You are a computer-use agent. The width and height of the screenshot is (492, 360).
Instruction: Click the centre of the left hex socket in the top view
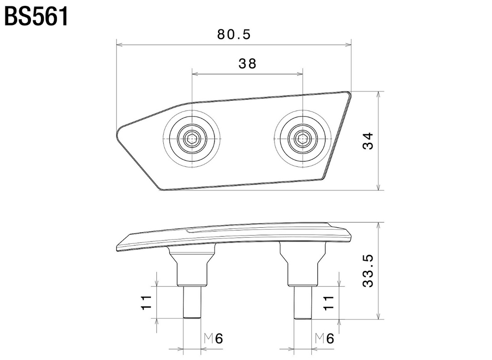(x=192, y=138)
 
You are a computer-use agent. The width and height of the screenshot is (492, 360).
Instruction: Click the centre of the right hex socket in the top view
(x=303, y=138)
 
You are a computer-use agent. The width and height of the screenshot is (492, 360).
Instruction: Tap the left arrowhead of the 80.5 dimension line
(x=117, y=45)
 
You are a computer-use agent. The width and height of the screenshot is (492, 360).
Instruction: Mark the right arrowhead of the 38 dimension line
(x=303, y=74)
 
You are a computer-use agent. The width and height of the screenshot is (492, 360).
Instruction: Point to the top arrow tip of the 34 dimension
(x=380, y=91)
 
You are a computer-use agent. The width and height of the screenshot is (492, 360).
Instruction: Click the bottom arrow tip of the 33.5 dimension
(x=380, y=319)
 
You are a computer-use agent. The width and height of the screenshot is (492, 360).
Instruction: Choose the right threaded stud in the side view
(x=303, y=303)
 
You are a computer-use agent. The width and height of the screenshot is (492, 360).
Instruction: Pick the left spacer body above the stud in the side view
(x=192, y=266)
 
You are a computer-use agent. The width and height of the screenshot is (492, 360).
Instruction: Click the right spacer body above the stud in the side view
(x=303, y=265)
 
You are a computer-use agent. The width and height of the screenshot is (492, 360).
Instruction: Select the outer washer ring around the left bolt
(x=192, y=138)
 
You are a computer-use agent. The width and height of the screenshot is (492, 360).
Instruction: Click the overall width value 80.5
(x=234, y=34)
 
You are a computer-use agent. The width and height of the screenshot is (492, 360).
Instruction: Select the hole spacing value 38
(x=247, y=63)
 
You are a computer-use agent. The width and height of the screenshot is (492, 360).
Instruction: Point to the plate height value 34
(x=369, y=141)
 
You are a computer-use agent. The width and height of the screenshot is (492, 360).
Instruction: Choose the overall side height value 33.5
(x=369, y=271)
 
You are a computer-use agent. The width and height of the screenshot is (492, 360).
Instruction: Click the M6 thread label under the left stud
(x=214, y=339)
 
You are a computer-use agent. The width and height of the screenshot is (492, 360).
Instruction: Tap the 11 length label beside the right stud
(x=329, y=302)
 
